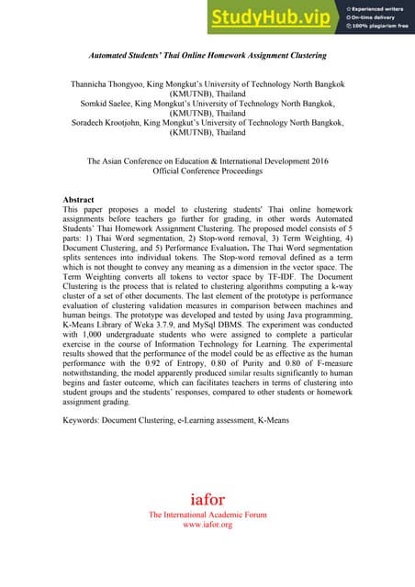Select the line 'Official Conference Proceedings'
click(x=207, y=171)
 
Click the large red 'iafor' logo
click(x=207, y=501)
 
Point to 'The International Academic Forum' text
click(x=207, y=515)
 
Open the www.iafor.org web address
click(x=207, y=525)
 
